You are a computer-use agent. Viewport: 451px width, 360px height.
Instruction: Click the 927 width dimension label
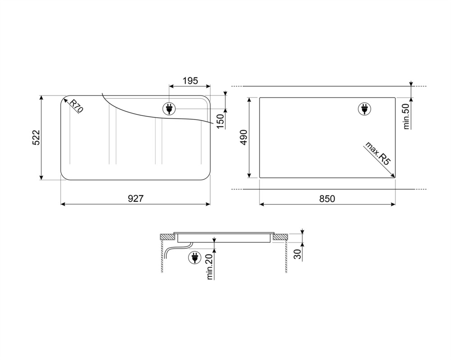[135, 199]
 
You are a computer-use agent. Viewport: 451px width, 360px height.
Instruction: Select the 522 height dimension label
[36, 137]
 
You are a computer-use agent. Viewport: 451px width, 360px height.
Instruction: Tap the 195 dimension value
[190, 81]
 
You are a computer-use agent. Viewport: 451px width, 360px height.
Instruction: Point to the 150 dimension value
[220, 121]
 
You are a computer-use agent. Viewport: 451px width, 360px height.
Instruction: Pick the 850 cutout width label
[327, 199]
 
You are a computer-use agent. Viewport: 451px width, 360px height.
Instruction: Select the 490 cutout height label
[244, 137]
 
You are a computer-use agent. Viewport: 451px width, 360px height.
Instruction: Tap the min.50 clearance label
[406, 116]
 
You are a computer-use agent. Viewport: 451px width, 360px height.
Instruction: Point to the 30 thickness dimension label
[298, 254]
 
